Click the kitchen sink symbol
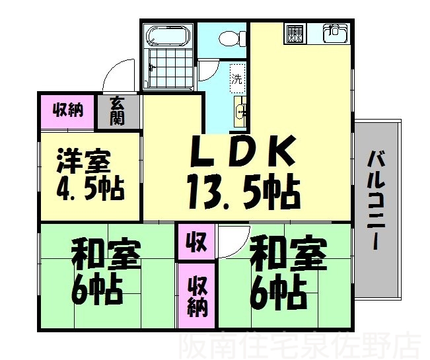point(335,32)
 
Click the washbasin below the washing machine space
point(240,111)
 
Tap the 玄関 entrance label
point(118,110)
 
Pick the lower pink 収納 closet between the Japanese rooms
point(196,295)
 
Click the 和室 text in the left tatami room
point(106,254)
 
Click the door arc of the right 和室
point(233,238)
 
